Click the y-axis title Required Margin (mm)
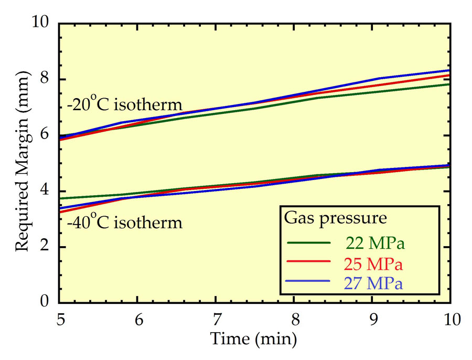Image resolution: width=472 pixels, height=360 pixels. tap(23, 163)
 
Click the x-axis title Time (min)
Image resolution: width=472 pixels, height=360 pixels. tap(253, 339)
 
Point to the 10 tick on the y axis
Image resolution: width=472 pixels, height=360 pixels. tap(41, 24)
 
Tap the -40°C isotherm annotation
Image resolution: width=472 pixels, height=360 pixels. tap(124, 223)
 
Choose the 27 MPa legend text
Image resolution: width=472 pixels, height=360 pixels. tap(373, 283)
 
